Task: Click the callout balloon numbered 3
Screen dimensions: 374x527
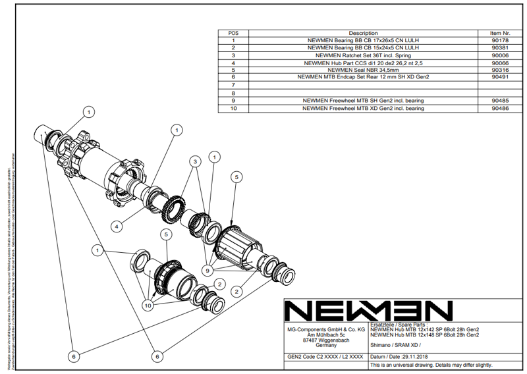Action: (196, 161)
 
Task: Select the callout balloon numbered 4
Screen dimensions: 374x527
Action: (117, 226)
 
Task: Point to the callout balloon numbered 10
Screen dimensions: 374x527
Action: (149, 306)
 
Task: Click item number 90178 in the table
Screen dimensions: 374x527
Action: (500, 40)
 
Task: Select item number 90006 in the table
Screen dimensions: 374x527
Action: (500, 55)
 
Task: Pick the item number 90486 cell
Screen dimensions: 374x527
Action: (500, 108)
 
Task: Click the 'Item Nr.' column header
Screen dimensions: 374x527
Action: (500, 32)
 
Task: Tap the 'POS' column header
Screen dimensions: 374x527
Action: (233, 32)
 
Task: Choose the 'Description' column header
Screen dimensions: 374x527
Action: (363, 32)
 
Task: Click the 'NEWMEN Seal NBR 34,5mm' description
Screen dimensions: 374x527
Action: (363, 70)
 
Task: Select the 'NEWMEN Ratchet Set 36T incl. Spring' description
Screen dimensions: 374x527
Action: (363, 55)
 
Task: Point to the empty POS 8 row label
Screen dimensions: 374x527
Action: (233, 93)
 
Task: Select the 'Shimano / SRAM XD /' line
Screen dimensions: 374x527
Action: (395, 345)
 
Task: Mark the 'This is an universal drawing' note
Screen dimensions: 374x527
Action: (431, 365)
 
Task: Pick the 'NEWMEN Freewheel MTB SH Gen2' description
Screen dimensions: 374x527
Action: (363, 101)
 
